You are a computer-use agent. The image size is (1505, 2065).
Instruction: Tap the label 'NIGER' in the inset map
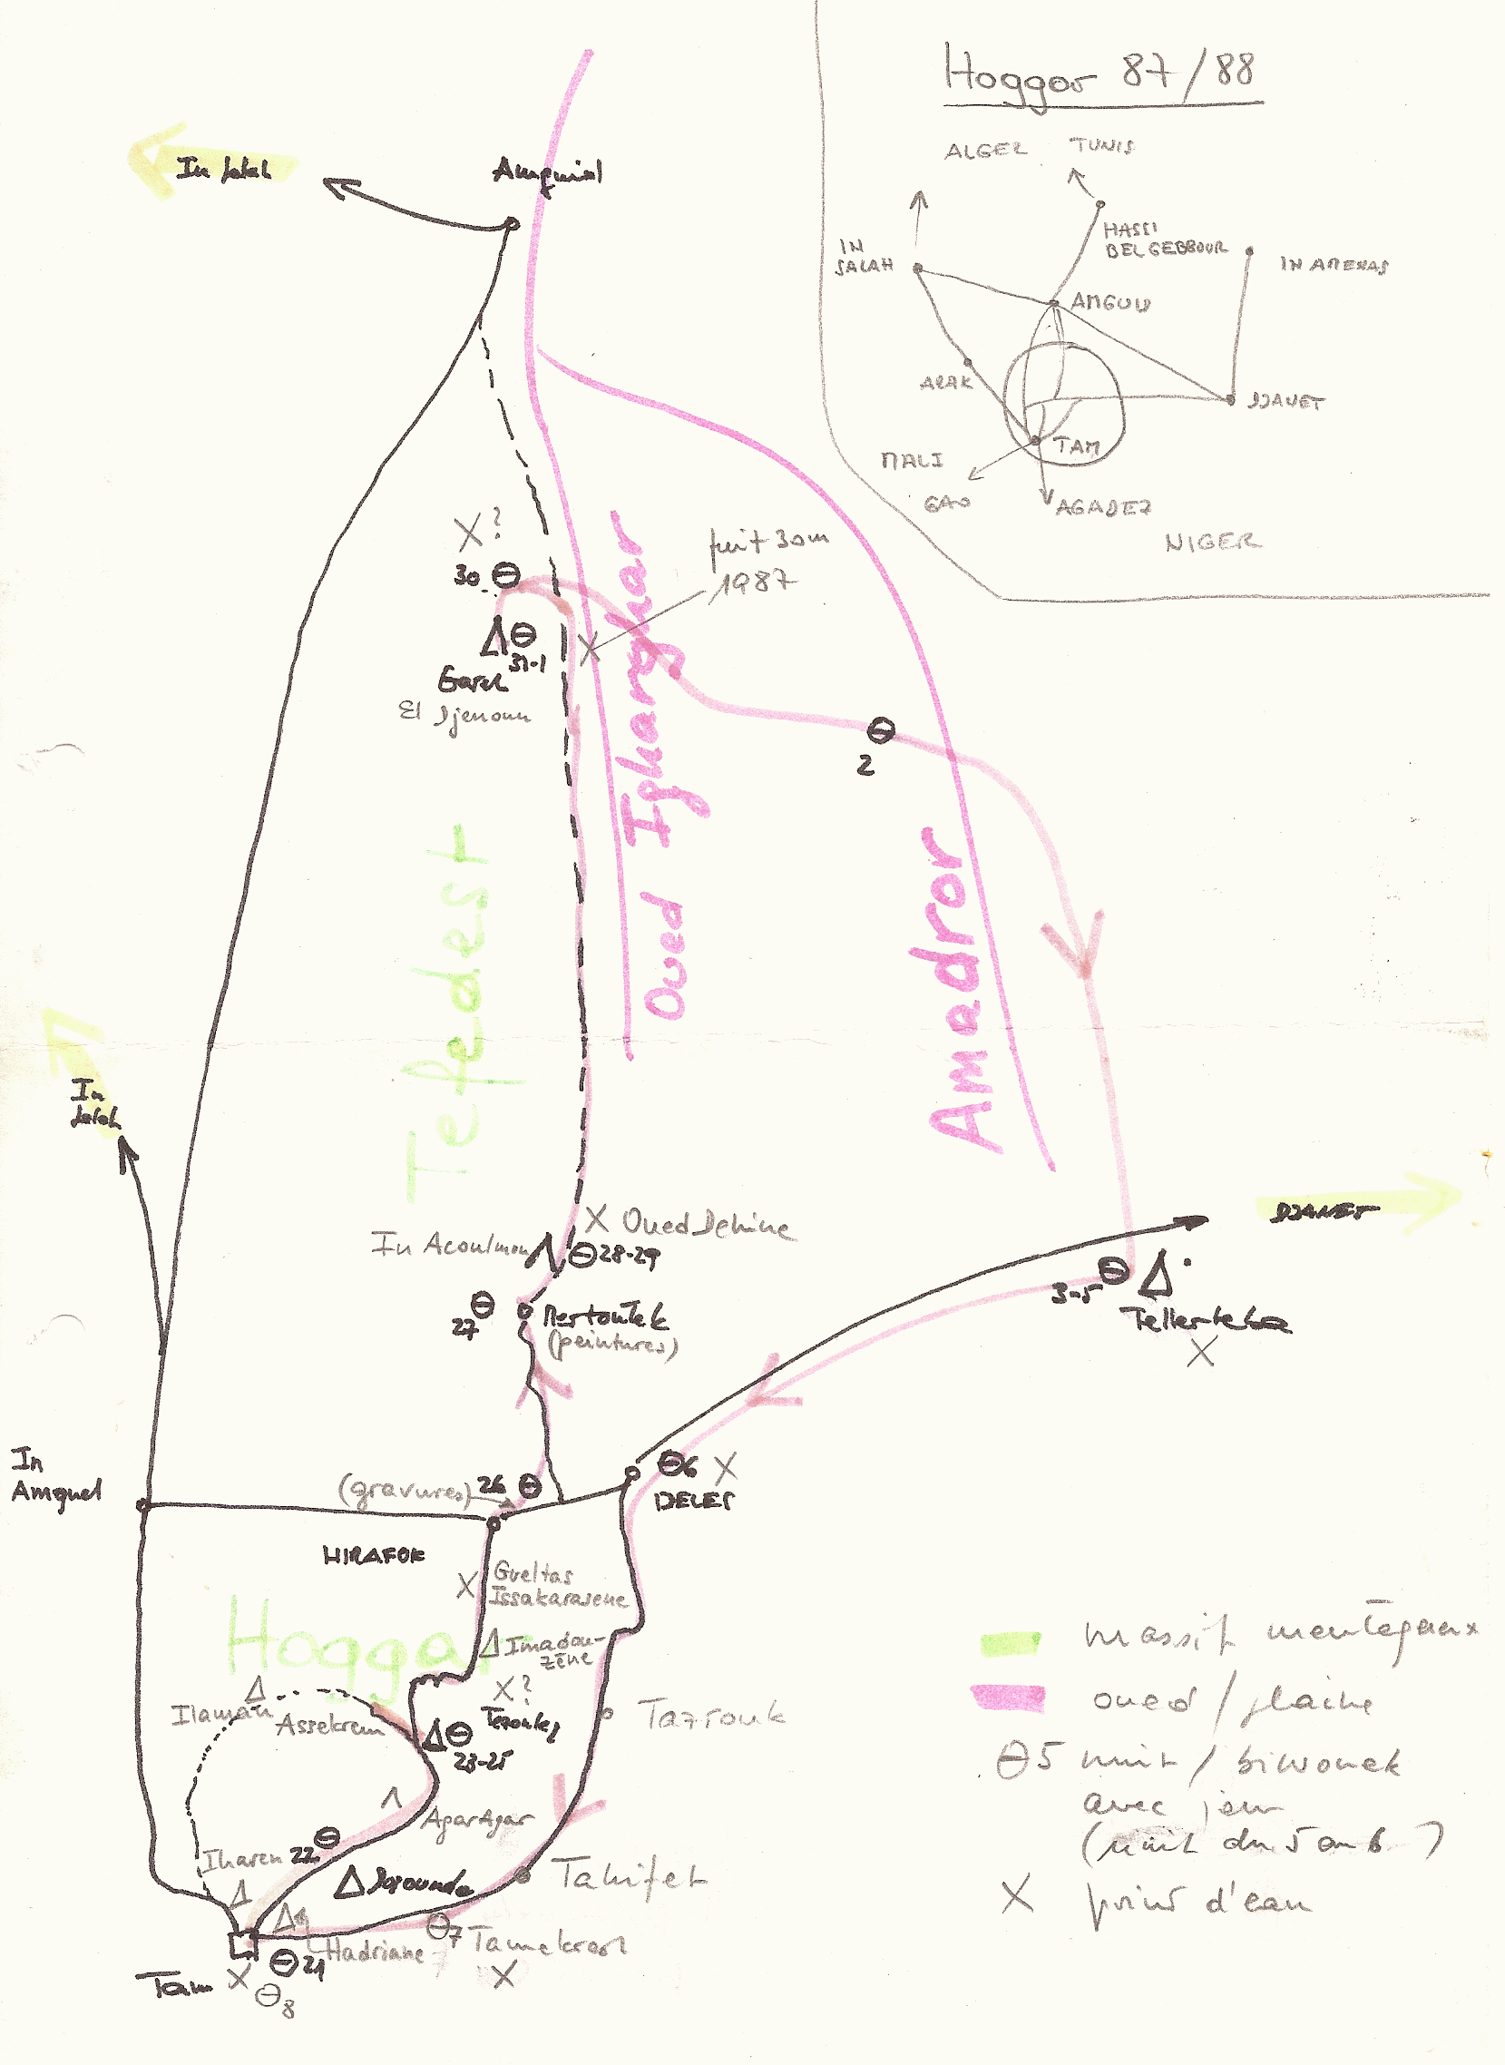1213,543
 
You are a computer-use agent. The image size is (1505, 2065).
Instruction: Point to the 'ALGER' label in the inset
985,151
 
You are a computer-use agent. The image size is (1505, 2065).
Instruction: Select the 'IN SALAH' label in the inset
864,257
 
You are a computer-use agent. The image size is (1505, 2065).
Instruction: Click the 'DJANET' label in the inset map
1286,401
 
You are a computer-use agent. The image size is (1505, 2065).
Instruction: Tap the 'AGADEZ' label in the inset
1103,507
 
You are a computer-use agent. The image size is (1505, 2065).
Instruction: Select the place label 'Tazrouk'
711,1715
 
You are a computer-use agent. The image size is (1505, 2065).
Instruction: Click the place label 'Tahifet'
629,1876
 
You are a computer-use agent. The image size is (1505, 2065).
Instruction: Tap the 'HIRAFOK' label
374,1556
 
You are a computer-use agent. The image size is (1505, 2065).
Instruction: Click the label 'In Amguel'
54,1477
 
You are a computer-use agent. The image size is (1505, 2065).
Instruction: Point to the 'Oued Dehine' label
705,1224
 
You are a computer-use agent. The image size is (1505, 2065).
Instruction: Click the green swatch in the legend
1011,1643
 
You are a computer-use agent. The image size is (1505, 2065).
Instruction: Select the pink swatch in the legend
1009,1697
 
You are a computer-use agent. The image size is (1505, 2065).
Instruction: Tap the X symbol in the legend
1017,1895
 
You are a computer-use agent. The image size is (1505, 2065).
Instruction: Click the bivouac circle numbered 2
880,729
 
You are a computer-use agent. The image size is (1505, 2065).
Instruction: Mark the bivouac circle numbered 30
506,575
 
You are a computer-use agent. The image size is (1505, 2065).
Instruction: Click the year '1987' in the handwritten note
753,583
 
